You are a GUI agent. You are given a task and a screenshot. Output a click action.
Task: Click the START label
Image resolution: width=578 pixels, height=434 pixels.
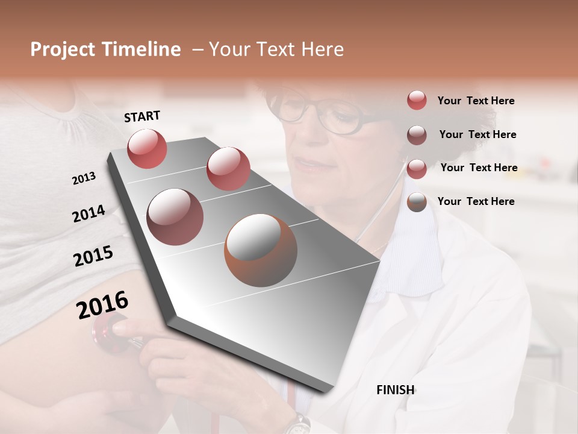click(x=142, y=116)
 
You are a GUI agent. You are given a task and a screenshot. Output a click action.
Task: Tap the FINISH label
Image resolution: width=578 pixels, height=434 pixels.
click(x=396, y=390)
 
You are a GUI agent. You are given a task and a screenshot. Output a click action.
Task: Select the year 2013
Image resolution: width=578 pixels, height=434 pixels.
click(x=84, y=178)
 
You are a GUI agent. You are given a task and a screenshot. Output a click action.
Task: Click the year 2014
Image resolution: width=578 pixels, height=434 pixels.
click(x=89, y=214)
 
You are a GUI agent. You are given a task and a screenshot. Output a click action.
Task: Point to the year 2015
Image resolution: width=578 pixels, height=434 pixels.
click(x=93, y=256)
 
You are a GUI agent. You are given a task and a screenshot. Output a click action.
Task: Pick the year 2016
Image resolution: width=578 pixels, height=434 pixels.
click(x=102, y=305)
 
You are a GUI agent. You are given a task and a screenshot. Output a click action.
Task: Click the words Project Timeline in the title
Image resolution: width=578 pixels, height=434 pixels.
click(x=105, y=49)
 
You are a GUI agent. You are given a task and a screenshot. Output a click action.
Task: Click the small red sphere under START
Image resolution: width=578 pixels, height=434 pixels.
click(x=147, y=148)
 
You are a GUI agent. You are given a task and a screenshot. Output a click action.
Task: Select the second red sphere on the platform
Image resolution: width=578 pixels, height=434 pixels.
click(x=228, y=168)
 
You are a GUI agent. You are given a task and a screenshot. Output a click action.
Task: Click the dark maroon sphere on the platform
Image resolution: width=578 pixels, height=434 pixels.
click(x=175, y=216)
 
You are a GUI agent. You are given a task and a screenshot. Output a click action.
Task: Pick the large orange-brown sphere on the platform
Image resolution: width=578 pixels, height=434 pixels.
click(x=261, y=250)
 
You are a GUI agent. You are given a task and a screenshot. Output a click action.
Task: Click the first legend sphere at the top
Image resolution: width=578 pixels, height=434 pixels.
click(x=417, y=100)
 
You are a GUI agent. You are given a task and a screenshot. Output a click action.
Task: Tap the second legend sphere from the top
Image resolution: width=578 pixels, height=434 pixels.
click(x=417, y=135)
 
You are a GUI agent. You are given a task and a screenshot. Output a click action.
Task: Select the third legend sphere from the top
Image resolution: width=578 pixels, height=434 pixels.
click(x=417, y=169)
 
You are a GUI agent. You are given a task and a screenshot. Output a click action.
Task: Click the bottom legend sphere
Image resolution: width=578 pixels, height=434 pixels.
click(x=417, y=203)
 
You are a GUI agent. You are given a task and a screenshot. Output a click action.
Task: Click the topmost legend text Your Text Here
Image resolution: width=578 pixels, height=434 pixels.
click(x=476, y=101)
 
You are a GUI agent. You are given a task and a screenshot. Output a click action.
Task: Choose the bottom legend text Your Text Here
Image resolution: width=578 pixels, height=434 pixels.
click(x=476, y=201)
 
